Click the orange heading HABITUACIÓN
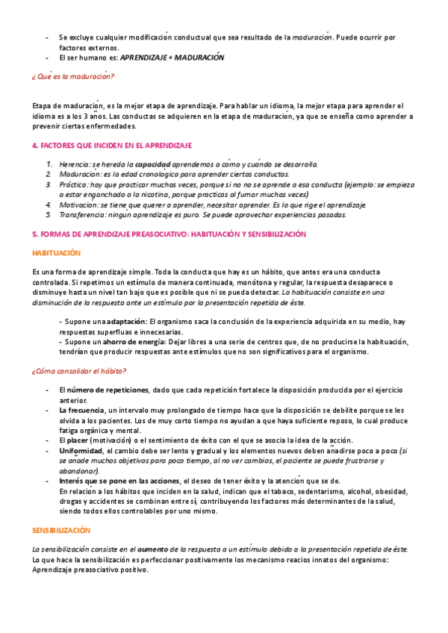point(56,254)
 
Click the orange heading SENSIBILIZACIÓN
point(60,530)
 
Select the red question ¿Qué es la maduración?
point(72,76)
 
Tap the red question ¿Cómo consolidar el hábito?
point(78,371)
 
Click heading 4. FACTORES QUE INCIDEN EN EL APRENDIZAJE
point(112,145)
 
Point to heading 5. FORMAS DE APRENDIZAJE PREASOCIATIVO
point(168,234)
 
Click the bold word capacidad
point(152,164)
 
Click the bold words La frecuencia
point(81,411)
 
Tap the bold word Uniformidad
point(81,451)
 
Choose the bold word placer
point(81,440)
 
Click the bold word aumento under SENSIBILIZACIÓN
point(153,549)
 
